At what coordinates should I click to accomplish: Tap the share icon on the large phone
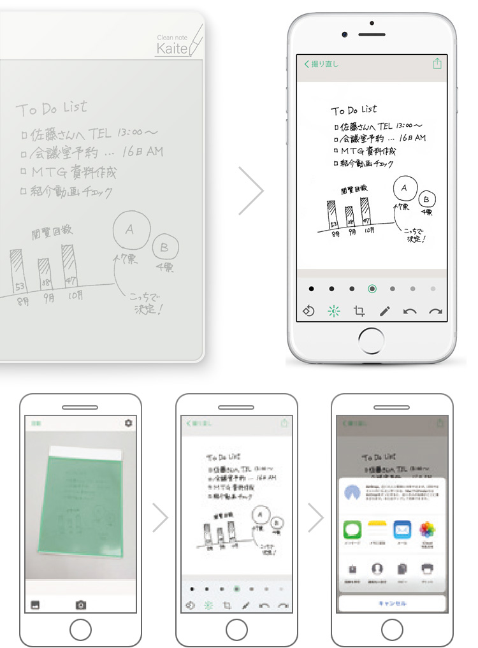coord(437,64)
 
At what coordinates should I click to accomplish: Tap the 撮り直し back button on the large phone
coord(321,64)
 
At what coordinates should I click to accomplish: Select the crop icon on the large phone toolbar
coord(359,311)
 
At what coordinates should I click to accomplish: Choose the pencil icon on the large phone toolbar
coord(385,311)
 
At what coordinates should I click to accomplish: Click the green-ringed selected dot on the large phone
coord(372,289)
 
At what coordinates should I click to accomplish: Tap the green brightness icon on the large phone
coord(333,311)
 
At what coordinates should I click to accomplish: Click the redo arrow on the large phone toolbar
coord(435,311)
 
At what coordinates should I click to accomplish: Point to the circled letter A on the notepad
coord(130,229)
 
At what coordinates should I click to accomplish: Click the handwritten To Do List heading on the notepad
coord(52,108)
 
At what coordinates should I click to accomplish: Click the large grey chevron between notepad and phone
coord(251,191)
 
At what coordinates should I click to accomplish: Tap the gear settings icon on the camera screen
coord(129,423)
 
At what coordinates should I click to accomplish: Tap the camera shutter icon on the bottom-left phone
coord(81,605)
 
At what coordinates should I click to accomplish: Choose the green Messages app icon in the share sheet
coord(352,529)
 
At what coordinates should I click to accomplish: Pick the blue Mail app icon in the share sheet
coord(402,529)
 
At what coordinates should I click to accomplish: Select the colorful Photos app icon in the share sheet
coord(427,529)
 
